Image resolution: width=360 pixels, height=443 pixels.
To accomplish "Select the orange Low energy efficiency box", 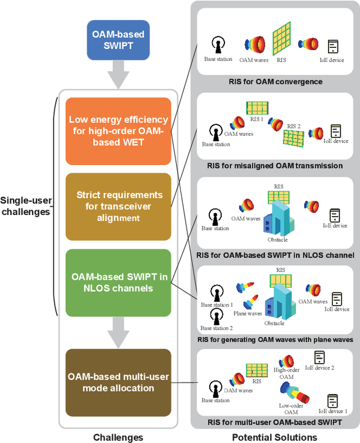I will point(118,131).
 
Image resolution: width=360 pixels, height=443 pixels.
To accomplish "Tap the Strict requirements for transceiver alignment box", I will point(118,207).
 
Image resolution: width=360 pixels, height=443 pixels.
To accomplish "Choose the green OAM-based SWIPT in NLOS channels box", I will point(118,283).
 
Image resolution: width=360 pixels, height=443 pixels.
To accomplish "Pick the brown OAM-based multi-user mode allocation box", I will point(118,382).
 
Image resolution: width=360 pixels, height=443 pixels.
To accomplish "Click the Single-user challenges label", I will point(26,206).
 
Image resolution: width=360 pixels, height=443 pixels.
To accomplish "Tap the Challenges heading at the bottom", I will point(118,437).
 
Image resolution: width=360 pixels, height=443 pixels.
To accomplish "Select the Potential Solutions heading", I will point(275,437).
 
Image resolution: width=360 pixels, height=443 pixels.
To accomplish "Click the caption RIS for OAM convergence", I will point(276,82).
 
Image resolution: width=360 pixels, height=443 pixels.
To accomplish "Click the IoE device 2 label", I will point(319,368).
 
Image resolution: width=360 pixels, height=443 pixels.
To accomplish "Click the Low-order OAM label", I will point(291,408).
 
